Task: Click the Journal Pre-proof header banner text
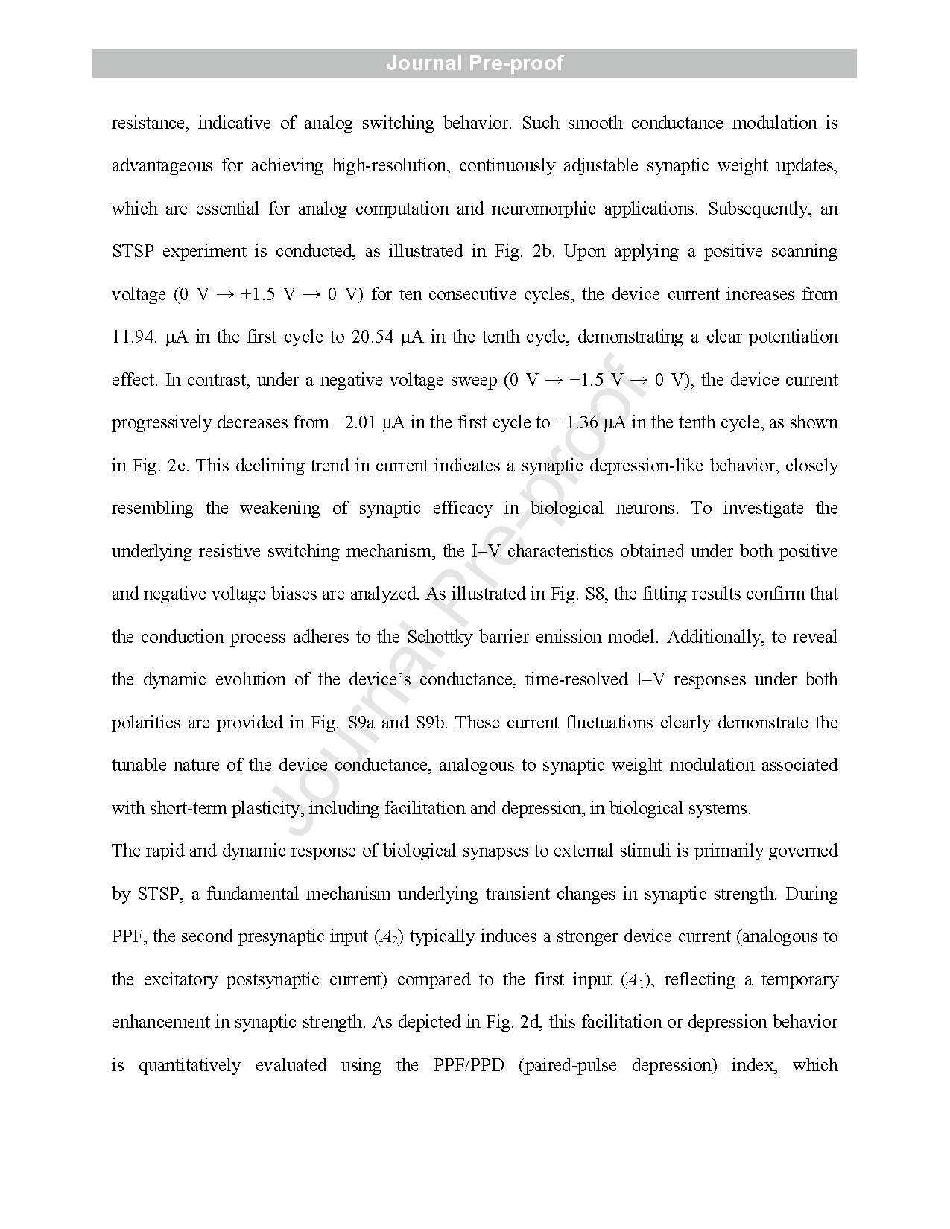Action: (475, 63)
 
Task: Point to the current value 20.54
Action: (373, 337)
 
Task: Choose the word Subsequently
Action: (759, 209)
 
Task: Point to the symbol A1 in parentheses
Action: (635, 980)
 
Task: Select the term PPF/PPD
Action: (469, 1065)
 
